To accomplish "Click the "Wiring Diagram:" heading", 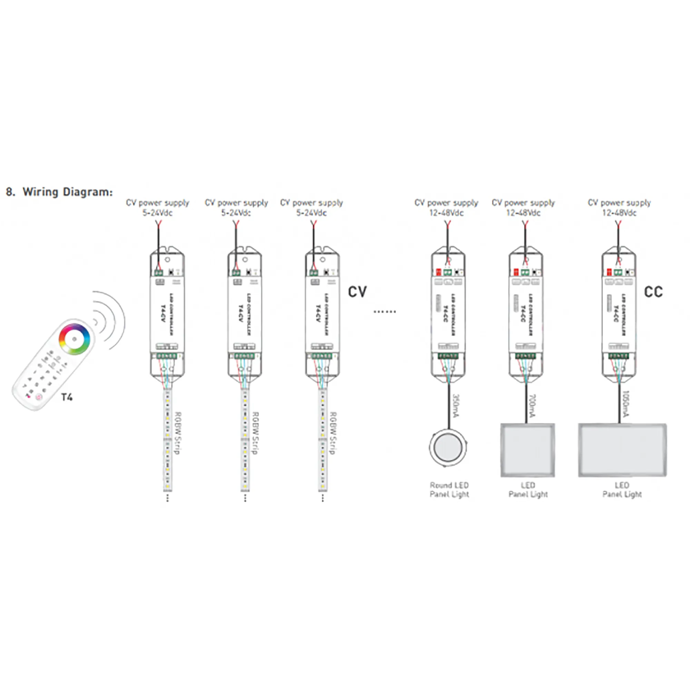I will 68,192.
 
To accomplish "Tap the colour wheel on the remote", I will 74,338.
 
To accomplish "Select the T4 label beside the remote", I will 67,397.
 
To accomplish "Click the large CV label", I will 357,292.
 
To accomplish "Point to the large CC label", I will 653,292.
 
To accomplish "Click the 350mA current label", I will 456,405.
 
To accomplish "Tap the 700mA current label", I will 532,405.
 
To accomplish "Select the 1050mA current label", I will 626,404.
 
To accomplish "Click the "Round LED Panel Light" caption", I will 449,490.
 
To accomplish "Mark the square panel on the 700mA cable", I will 528,450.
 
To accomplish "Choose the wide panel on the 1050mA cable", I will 622,450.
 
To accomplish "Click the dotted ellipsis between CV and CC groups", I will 385,312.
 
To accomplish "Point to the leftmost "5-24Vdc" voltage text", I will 158,213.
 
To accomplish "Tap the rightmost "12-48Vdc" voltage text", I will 619,213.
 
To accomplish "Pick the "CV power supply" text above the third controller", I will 312,203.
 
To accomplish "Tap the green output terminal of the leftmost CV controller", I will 167,356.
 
